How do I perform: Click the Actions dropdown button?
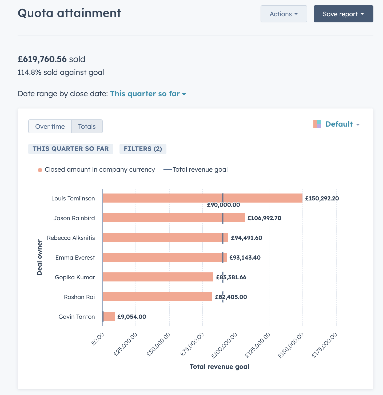tap(284, 14)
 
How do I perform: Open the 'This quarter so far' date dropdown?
tap(148, 94)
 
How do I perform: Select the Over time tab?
tap(50, 126)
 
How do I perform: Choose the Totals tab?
tap(87, 126)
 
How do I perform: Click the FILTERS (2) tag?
tap(143, 149)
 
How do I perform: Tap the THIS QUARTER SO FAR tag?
tap(70, 149)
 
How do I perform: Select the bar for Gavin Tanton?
tap(109, 316)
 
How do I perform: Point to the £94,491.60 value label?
tap(246, 238)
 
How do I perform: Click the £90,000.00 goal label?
tap(223, 205)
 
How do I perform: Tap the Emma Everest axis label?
tap(75, 257)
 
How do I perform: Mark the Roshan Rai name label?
tap(79, 297)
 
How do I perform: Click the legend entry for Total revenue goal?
tap(196, 170)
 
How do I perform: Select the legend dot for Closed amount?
tap(40, 170)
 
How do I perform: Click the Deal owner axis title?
tap(39, 257)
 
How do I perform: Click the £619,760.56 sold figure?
tap(42, 59)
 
